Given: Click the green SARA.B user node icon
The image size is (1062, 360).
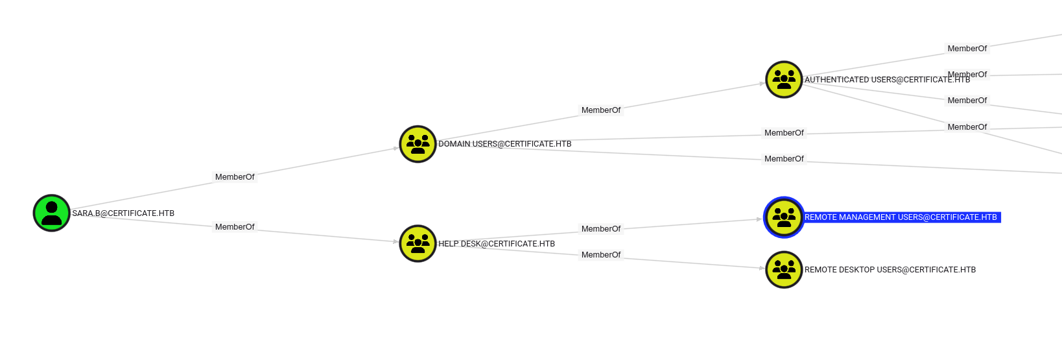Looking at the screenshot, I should [52, 213].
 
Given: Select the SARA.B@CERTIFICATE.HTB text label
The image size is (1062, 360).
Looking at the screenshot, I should [123, 213].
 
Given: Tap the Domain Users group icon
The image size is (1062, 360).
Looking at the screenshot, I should [418, 144].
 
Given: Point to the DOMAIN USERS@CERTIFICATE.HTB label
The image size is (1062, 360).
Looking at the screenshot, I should [504, 144].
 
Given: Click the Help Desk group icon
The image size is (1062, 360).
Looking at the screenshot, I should [418, 244].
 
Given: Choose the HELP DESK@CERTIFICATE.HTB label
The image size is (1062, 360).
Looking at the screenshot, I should [497, 244].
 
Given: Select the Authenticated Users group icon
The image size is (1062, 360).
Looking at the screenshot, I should [784, 80].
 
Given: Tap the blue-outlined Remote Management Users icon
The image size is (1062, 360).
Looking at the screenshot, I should [784, 217].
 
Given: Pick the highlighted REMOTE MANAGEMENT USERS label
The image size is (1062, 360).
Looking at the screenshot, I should [901, 217].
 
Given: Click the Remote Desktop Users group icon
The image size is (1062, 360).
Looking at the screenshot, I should [784, 270].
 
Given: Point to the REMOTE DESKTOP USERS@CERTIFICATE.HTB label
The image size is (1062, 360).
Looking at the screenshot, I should [890, 270].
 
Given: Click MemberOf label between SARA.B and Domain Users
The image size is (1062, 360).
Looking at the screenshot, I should [235, 177].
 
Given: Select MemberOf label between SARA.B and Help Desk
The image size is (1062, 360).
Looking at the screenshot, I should [235, 227].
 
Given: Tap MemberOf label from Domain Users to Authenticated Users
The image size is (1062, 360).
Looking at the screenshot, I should [601, 110].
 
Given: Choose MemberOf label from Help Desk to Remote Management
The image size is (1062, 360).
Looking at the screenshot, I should [601, 229].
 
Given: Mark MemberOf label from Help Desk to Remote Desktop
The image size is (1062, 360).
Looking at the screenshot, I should [601, 255].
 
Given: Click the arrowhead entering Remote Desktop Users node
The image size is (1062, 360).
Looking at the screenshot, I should [762, 268].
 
